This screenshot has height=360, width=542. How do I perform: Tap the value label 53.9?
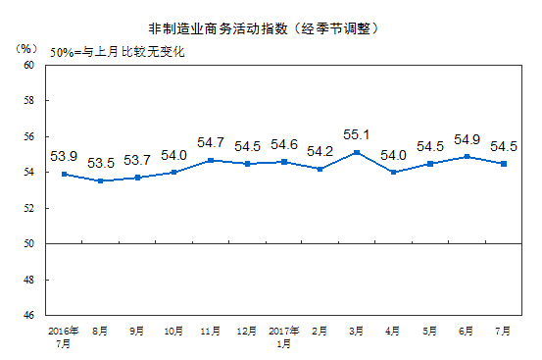pos(64,155)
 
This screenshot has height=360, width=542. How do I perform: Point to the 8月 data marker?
pos(99,181)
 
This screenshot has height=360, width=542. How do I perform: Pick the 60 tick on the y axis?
pos(28,65)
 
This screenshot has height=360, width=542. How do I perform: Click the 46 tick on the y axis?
pos(28,316)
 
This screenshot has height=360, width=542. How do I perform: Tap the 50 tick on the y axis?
pos(28,244)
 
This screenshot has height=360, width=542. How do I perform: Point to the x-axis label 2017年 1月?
pos(282,339)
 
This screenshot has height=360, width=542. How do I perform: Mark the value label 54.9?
pos(465,139)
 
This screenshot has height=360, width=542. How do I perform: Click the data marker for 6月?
pos(467,156)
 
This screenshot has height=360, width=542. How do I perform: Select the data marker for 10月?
pos(172,172)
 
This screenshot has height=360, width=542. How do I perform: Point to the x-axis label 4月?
pos(392,334)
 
